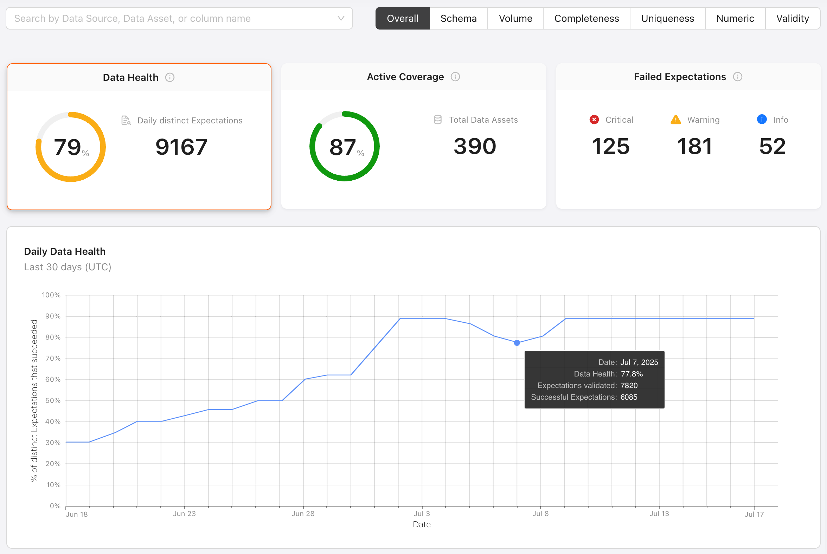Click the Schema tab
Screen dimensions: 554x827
[x=459, y=18]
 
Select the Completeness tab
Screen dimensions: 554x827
[x=586, y=18]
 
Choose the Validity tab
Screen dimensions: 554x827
[x=792, y=18]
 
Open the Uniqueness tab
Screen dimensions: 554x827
[x=667, y=18]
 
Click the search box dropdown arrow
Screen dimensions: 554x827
[x=341, y=18]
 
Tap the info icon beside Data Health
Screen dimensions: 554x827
[x=170, y=77]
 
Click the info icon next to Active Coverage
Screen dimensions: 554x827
[x=455, y=77]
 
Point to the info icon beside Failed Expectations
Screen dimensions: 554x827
[x=738, y=77]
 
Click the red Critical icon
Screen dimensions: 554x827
[x=594, y=120]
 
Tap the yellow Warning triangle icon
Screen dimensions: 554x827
[x=675, y=120]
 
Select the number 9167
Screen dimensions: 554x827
[x=181, y=147]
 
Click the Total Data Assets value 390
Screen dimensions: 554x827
[x=475, y=146]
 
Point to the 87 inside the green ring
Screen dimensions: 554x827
[x=342, y=147]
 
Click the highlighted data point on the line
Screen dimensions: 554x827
[x=517, y=343]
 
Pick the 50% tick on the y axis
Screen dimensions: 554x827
[x=53, y=400]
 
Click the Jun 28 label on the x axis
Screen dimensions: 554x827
[x=303, y=514]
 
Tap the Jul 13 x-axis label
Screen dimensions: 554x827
[x=659, y=514]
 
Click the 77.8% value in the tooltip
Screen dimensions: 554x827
[x=632, y=374]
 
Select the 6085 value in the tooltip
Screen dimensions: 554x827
[x=629, y=397]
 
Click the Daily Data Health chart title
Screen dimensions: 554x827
[x=65, y=251]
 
